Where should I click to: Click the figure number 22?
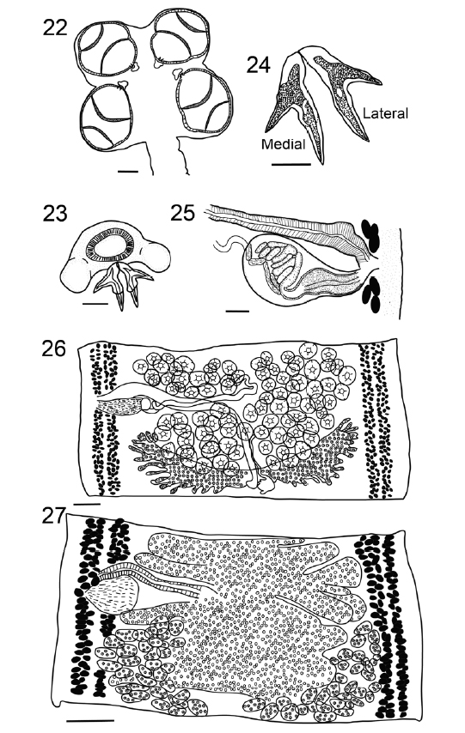pyautogui.click(x=55, y=27)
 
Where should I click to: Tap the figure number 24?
pyautogui.click(x=259, y=65)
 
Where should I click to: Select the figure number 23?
pyautogui.click(x=55, y=213)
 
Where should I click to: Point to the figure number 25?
pyautogui.click(x=182, y=213)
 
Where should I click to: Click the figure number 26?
pyautogui.click(x=54, y=348)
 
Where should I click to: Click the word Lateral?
pyautogui.click(x=386, y=113)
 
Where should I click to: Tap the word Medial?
pyautogui.click(x=284, y=144)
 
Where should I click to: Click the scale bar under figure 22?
pyautogui.click(x=128, y=172)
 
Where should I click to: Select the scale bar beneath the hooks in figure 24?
pyautogui.click(x=291, y=164)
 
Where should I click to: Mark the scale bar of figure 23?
pyautogui.click(x=95, y=304)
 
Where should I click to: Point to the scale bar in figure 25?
pyautogui.click(x=238, y=310)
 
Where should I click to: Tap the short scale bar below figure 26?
pyautogui.click(x=87, y=505)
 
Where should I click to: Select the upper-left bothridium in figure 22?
pyautogui.click(x=107, y=49)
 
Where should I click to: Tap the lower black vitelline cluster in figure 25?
pyautogui.click(x=371, y=294)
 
